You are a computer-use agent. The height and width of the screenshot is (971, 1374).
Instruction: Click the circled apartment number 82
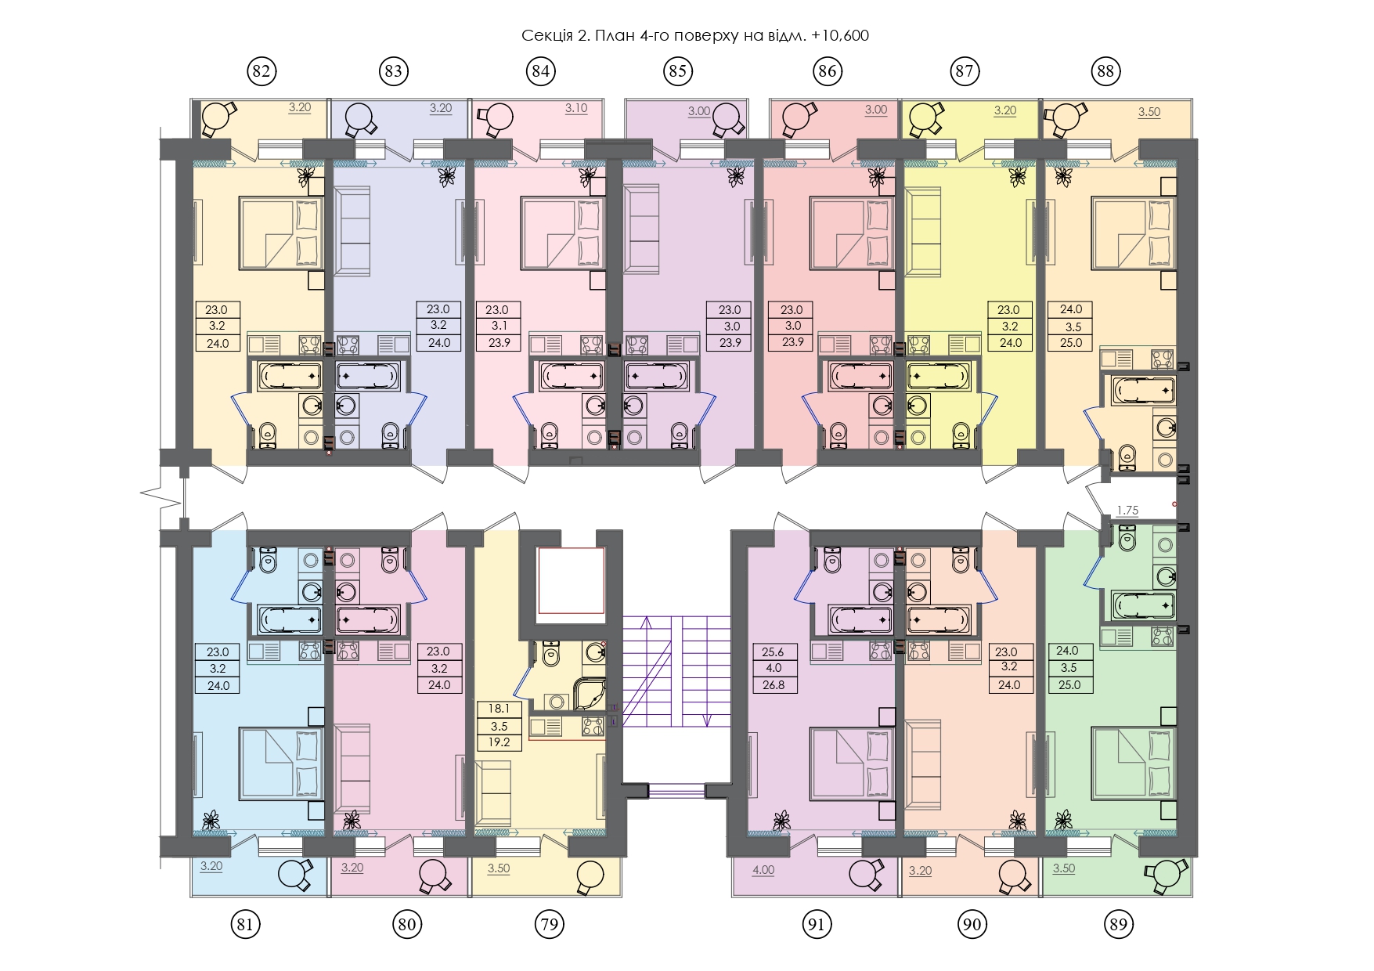pos(261,71)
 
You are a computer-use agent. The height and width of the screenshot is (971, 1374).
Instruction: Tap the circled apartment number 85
pos(677,71)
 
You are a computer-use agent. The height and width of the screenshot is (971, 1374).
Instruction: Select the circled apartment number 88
pos(1105,71)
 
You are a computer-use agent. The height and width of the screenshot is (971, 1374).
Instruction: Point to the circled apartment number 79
pos(550,924)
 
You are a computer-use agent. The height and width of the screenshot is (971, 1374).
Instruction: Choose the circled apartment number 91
pos(817,924)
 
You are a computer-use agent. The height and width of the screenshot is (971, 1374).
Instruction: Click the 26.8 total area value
pos(774,685)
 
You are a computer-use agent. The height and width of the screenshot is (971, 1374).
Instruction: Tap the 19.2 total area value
pos(499,742)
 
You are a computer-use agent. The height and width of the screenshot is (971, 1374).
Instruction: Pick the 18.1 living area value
pos(499,709)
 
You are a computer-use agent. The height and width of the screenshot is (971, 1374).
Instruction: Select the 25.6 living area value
pos(774,651)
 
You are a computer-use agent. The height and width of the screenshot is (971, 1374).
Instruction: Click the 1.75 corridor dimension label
pos(1127,510)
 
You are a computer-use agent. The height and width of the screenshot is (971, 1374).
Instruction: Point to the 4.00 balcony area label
pos(763,870)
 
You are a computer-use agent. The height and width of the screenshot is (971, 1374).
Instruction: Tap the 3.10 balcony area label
pos(576,108)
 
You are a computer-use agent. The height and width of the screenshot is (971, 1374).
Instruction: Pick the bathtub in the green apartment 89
pos(1144,605)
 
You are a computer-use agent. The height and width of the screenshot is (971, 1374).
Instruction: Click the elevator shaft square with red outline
pos(571,580)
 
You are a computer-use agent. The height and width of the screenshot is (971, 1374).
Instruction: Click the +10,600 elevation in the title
pos(841,36)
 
